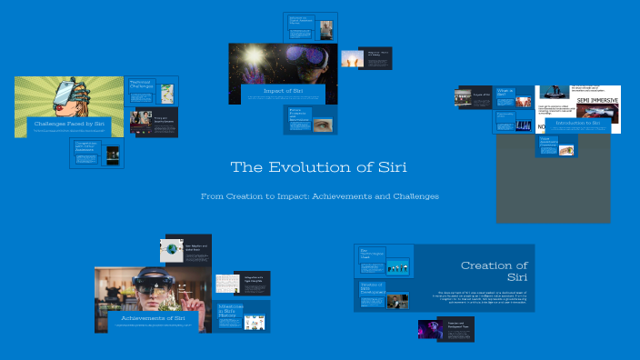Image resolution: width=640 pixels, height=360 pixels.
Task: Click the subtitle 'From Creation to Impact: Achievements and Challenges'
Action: (320, 195)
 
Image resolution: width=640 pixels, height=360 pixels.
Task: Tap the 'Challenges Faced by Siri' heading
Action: (68, 122)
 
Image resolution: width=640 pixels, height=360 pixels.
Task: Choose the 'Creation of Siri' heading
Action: (494, 270)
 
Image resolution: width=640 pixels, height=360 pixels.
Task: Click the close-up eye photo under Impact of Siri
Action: (323, 123)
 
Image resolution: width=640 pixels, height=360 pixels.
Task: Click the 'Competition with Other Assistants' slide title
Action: (87, 147)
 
